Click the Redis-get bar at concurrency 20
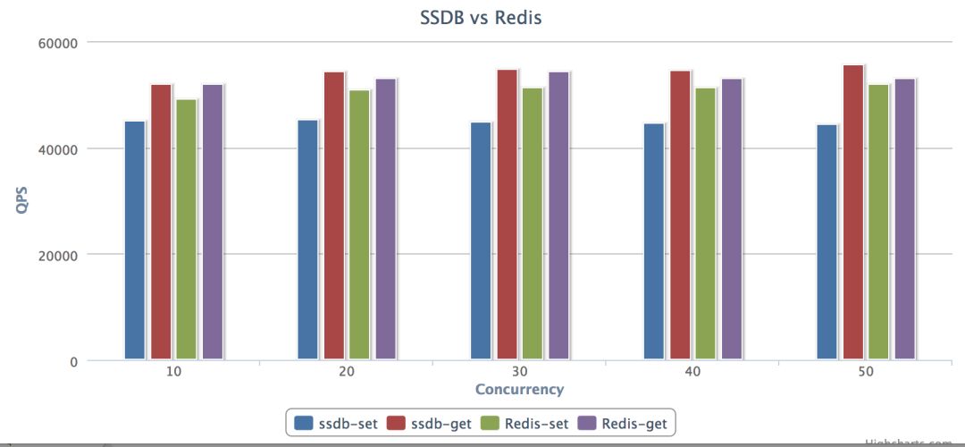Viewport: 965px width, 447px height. pyautogui.click(x=385, y=219)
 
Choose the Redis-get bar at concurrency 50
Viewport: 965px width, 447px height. pyautogui.click(x=905, y=219)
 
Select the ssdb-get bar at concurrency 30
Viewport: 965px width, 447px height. pyautogui.click(x=507, y=215)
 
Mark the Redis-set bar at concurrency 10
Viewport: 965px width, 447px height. pyautogui.click(x=186, y=229)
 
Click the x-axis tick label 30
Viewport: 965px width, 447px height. pyautogui.click(x=520, y=371)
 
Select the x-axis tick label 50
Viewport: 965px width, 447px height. pyautogui.click(x=866, y=371)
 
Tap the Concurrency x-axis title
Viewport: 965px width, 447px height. pyautogui.click(x=519, y=389)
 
